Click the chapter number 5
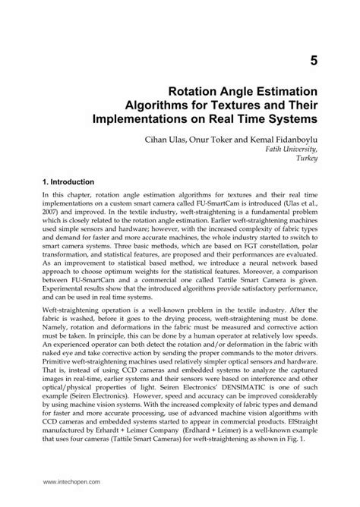[x=312, y=58]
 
